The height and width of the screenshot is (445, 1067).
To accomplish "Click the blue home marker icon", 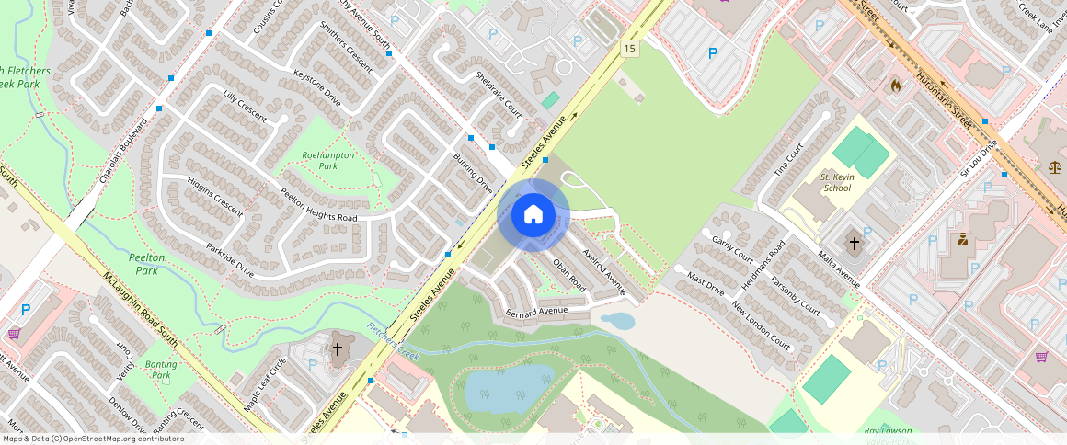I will tap(533, 215).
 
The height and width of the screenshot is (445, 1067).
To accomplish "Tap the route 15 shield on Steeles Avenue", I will tap(629, 49).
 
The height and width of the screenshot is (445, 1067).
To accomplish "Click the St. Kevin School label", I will tap(836, 182).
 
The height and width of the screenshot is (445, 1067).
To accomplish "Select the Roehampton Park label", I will tap(328, 161).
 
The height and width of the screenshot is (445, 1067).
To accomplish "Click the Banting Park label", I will tap(162, 370).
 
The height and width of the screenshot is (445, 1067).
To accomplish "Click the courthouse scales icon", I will tap(1053, 166).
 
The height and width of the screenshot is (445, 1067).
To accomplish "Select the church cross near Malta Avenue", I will tap(855, 244).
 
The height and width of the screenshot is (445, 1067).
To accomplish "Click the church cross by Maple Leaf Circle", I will tap(338, 348).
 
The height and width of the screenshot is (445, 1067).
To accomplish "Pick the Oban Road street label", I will tap(569, 274).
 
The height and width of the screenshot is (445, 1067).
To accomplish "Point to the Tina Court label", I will tap(788, 159).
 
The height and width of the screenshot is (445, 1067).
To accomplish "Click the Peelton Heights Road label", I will tap(319, 204).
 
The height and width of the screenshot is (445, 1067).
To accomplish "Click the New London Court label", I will tap(762, 325).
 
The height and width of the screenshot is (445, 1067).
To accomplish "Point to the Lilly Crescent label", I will tap(245, 107).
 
